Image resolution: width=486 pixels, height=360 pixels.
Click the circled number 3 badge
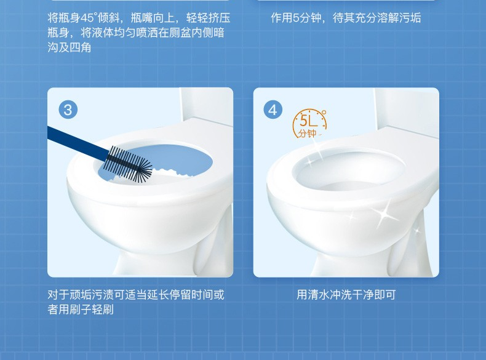[x=68, y=110]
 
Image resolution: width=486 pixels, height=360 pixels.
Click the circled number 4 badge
[x=273, y=110]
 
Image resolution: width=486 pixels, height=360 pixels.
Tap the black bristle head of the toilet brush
[x=129, y=164]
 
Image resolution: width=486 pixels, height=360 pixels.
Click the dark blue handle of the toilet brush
[x=78, y=142]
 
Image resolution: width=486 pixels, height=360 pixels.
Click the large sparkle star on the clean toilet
[x=384, y=214]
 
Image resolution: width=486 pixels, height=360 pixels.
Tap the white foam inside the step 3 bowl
[x=169, y=172]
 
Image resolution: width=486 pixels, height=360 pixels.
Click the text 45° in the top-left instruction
[x=87, y=18]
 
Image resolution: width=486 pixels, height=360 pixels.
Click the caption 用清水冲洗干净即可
[x=346, y=295]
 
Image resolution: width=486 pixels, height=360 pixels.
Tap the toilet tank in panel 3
[x=206, y=105]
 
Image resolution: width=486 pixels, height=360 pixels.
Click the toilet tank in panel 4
[x=407, y=108]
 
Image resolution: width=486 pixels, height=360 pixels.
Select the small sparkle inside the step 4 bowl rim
[x=310, y=162]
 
